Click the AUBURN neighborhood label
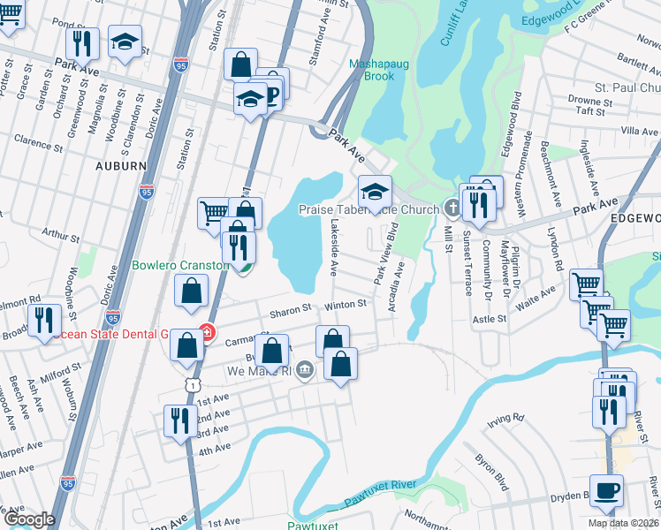click(122, 165)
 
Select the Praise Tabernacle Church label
click(368, 209)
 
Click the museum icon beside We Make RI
click(305, 368)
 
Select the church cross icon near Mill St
click(452, 209)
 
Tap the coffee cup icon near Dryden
click(606, 490)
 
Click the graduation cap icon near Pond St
click(125, 41)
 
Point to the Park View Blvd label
click(382, 253)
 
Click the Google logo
click(29, 519)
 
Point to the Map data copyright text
click(624, 523)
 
